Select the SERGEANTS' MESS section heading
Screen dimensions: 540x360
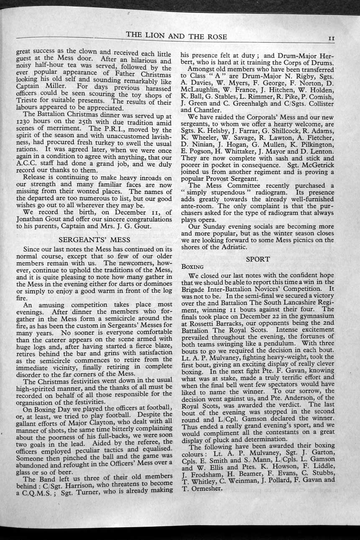click(95, 240)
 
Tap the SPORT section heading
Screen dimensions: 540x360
click(257, 259)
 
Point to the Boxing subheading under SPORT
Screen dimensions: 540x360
click(192, 266)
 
